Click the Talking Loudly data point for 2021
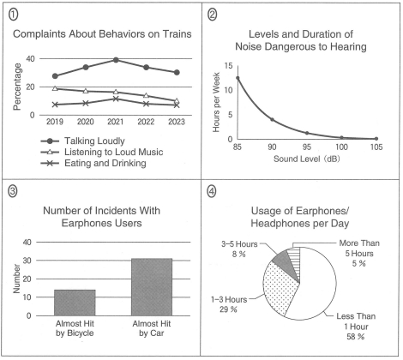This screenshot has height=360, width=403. pyautogui.click(x=116, y=60)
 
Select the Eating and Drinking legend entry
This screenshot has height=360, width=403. pyautogui.click(x=93, y=163)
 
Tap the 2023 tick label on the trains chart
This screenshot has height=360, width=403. pyautogui.click(x=177, y=122)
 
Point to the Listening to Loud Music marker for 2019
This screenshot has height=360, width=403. pyautogui.click(x=55, y=88)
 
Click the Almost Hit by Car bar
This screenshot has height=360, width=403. pyautogui.click(x=152, y=287)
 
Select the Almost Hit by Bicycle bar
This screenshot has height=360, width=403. pyautogui.click(x=75, y=303)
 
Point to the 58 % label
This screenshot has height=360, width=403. pyautogui.click(x=355, y=337)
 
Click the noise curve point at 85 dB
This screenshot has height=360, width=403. pyautogui.click(x=238, y=78)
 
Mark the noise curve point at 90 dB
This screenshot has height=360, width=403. pyautogui.click(x=272, y=119)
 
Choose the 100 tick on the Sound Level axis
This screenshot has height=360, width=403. pyautogui.click(x=341, y=147)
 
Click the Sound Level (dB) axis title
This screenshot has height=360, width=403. pyautogui.click(x=307, y=159)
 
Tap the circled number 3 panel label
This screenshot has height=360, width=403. pyautogui.click(x=12, y=191)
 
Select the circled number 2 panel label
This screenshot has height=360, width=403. pyautogui.click(x=212, y=15)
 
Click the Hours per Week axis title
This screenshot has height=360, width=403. pyautogui.click(x=216, y=102)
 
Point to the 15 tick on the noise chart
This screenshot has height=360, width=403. pyautogui.click(x=228, y=66)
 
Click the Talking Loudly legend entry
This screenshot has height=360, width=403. pyautogui.click(x=83, y=141)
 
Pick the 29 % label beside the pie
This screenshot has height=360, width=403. pyautogui.click(x=228, y=309)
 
